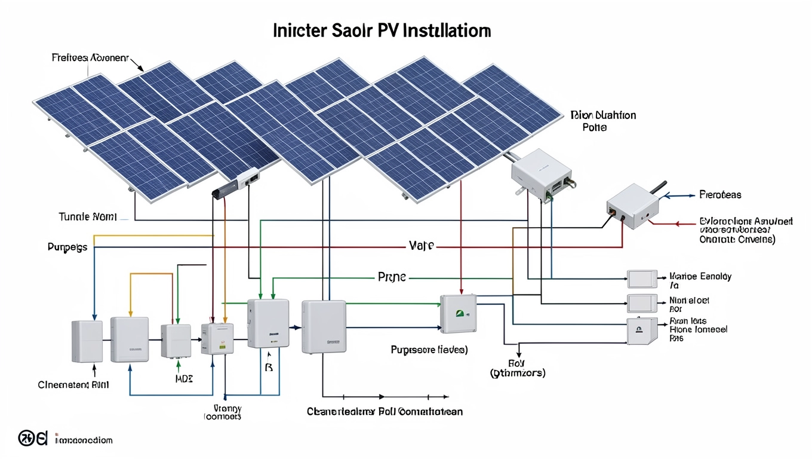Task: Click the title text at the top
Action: [382, 31]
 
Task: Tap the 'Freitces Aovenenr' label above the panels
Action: [90, 58]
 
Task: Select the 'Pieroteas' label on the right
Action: [720, 195]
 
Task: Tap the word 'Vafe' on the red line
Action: [421, 246]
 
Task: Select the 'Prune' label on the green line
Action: [392, 277]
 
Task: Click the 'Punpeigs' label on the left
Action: [67, 246]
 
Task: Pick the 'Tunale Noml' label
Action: [88, 216]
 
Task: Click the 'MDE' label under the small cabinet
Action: [184, 379]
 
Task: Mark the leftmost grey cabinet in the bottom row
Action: [87, 341]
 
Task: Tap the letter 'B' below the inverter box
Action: [268, 368]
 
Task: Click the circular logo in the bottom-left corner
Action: [32, 439]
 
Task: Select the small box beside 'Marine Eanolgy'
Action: [641, 279]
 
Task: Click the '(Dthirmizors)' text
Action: [517, 373]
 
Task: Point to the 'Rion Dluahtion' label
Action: [603, 115]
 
